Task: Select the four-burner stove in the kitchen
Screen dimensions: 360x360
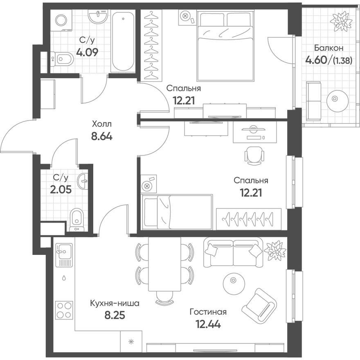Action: point(64,310)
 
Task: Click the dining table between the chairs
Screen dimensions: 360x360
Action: point(164,263)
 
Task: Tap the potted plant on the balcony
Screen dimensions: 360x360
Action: point(341,21)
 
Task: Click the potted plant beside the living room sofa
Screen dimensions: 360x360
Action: point(274,249)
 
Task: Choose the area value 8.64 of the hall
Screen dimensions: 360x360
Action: point(101,135)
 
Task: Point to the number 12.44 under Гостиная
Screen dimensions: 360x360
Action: point(208,325)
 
